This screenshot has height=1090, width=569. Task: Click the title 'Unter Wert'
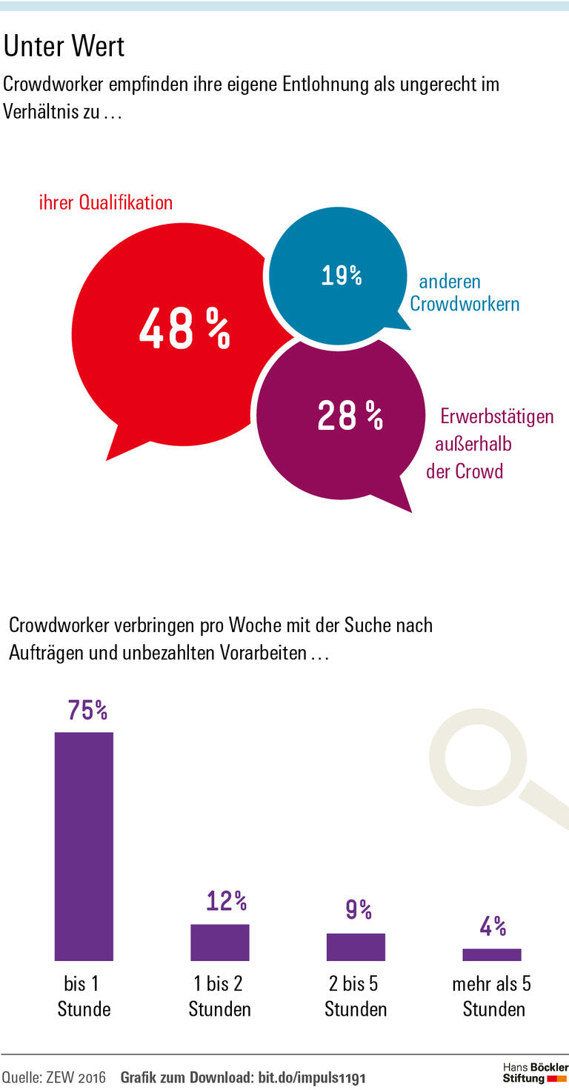coord(64,47)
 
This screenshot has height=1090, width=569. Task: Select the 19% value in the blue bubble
coord(342,276)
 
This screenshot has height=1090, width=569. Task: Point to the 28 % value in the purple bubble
coord(350,416)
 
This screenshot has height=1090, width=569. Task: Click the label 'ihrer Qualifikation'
coord(105,202)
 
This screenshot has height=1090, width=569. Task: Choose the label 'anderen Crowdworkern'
coord(464,293)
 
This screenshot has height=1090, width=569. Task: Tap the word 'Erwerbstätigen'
coord(497,416)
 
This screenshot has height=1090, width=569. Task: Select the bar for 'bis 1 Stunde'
coord(84,846)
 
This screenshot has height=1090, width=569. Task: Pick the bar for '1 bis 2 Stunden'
coord(220,943)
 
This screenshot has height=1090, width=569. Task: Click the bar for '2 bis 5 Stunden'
coord(356,947)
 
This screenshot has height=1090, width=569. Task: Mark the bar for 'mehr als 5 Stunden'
coord(492,954)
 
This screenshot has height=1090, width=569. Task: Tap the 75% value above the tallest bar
coord(87,710)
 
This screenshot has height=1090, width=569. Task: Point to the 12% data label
coord(226,901)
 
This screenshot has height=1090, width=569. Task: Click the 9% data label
coord(359,910)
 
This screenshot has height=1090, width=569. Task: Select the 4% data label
coord(493,926)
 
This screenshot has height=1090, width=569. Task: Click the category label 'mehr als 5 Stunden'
coord(492,996)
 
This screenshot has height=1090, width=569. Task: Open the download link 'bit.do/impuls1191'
coord(311,1077)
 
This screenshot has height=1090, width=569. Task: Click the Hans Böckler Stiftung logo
coord(534,1073)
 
